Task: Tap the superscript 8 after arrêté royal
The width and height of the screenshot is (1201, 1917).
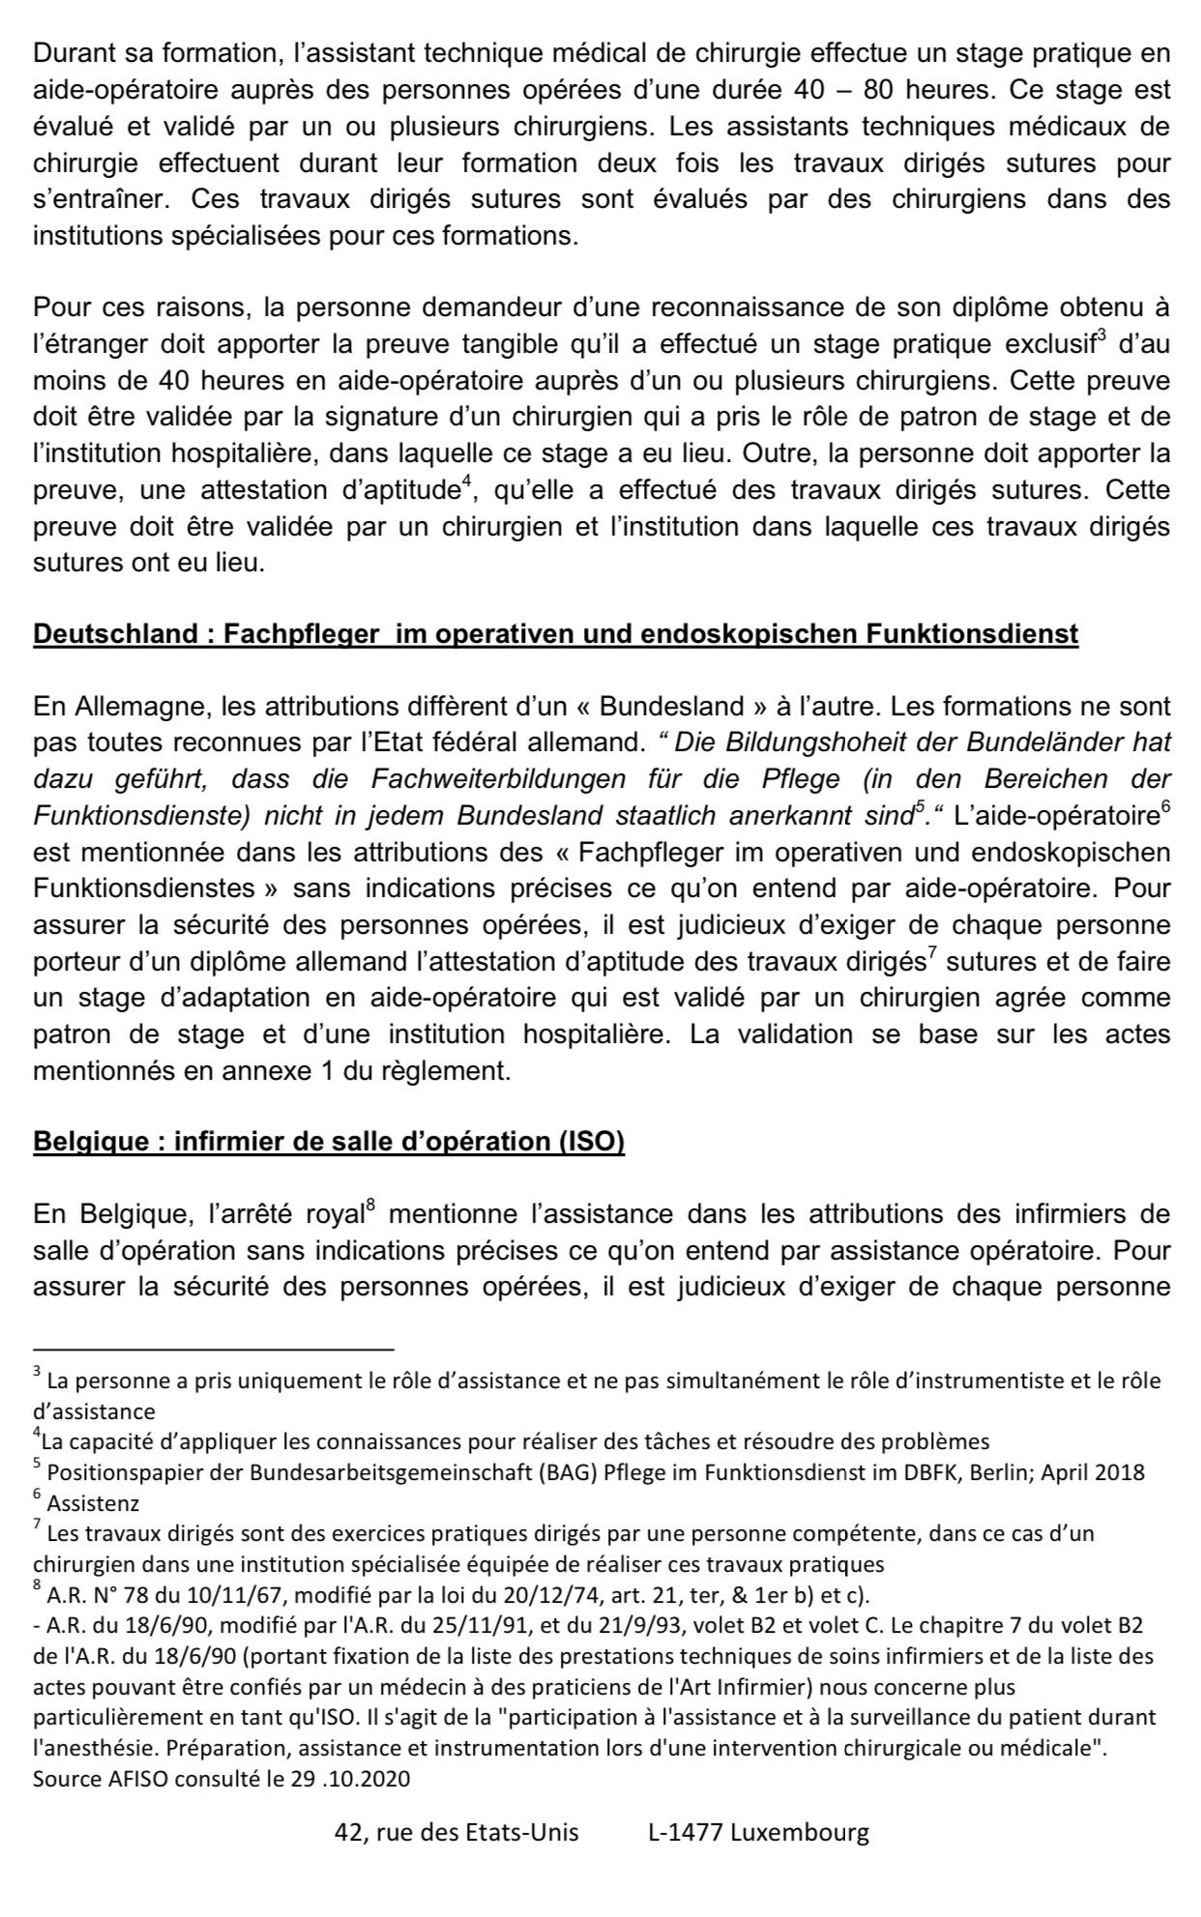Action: click(x=370, y=1206)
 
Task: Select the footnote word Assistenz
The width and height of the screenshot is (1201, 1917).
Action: click(x=93, y=1504)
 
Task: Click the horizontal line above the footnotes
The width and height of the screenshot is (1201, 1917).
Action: click(x=214, y=1349)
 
